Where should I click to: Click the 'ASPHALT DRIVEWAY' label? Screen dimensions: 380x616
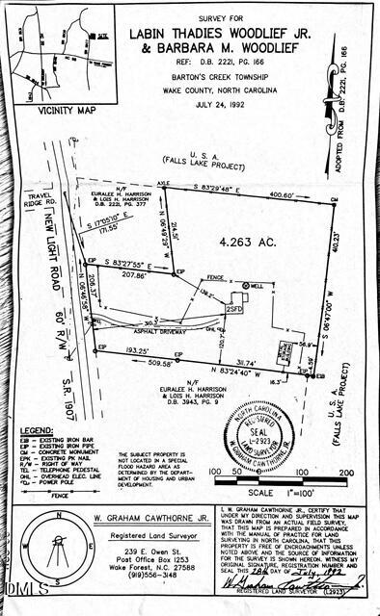[163, 330]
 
